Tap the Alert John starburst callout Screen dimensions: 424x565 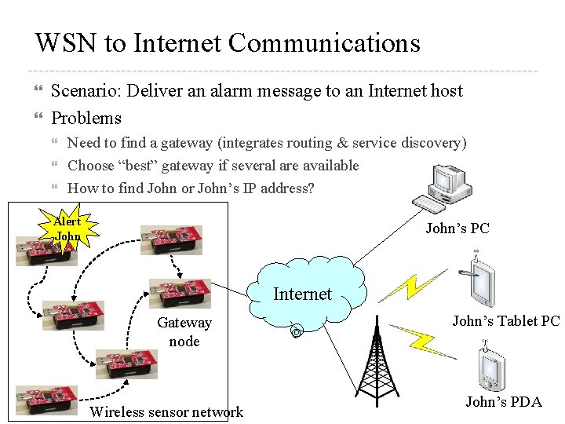(69, 228)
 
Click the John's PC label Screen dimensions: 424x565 (457, 228)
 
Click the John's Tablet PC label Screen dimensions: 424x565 (505, 320)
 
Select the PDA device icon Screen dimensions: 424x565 (492, 368)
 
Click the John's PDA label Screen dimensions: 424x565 (503, 402)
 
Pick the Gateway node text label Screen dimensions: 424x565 (184, 331)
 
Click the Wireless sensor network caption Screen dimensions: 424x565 (167, 412)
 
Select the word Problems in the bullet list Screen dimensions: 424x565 (86, 119)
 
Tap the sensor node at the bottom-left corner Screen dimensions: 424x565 (47, 400)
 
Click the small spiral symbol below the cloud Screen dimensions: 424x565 (296, 331)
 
